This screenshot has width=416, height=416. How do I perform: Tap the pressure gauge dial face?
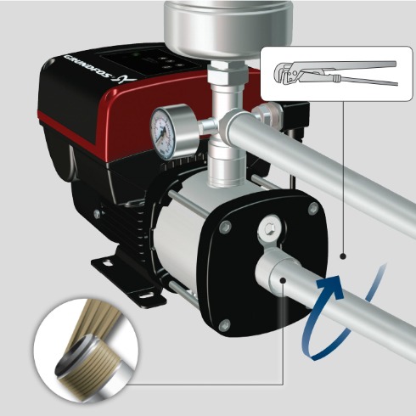(x=163, y=130)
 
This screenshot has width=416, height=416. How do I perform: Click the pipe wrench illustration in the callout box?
(x=336, y=73)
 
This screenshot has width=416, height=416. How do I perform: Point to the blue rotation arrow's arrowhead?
(x=330, y=286)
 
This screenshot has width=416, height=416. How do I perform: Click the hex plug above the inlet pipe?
(x=268, y=227)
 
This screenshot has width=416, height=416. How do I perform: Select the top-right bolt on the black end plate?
(x=313, y=209)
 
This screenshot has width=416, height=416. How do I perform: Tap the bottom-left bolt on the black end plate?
(x=225, y=324)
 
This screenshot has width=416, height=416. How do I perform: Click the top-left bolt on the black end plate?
(x=225, y=227)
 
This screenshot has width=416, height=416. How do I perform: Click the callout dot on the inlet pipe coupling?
(x=283, y=280)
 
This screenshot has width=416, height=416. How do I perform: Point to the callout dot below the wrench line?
(x=343, y=256)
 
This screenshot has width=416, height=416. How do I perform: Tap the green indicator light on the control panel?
(x=137, y=54)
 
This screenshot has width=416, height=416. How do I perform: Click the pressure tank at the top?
(x=228, y=28)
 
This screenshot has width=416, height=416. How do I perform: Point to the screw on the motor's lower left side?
(x=97, y=214)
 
